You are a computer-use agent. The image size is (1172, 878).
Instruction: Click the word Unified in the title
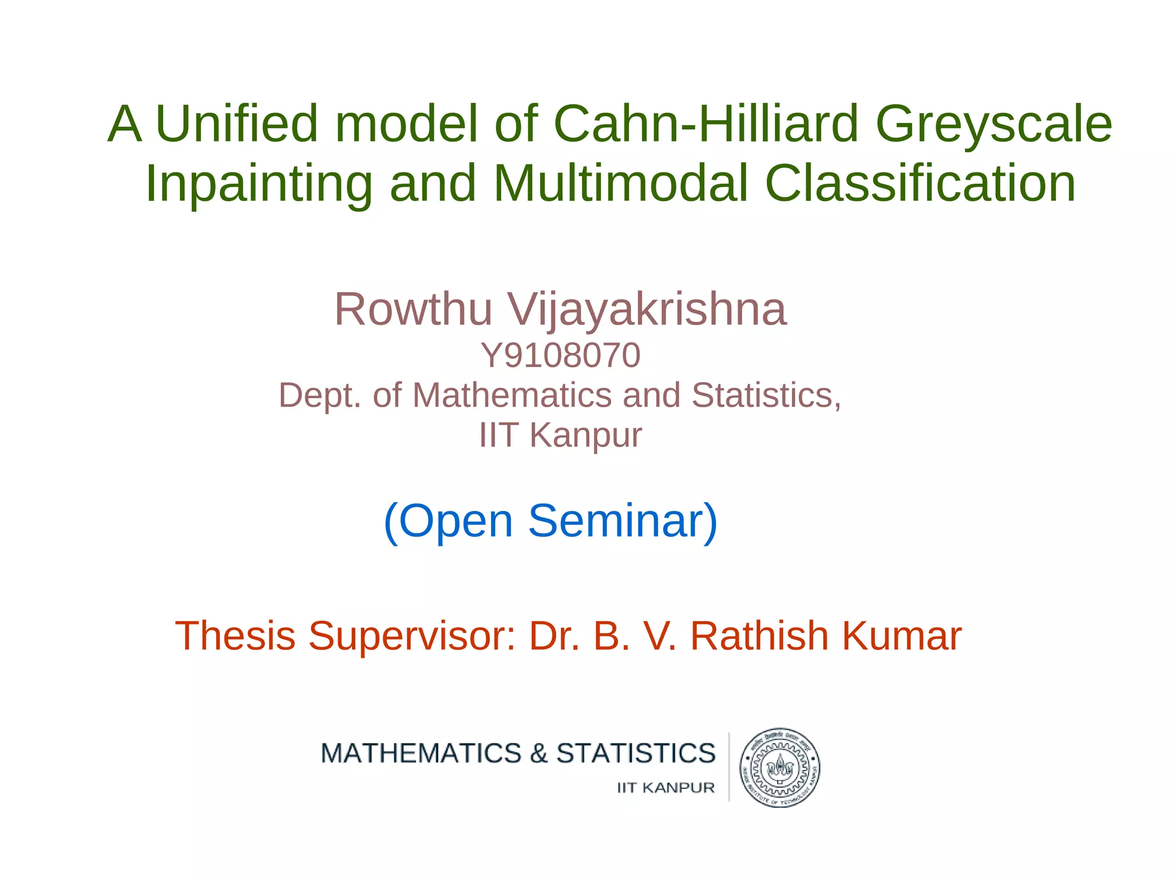click(236, 124)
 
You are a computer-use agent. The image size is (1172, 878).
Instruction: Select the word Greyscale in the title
click(993, 125)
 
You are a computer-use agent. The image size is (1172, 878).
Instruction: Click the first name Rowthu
click(413, 309)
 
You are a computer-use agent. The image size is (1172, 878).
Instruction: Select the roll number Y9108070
click(560, 355)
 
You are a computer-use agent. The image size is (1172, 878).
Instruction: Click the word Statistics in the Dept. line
click(766, 395)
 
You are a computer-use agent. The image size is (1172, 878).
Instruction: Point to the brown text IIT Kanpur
click(560, 435)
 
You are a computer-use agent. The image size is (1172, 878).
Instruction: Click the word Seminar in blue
click(623, 521)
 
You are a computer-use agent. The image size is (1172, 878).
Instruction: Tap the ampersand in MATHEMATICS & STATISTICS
click(539, 753)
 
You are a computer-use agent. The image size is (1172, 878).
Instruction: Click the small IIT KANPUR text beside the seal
click(666, 788)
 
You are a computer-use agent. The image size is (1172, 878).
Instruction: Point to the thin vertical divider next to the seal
click(729, 766)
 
